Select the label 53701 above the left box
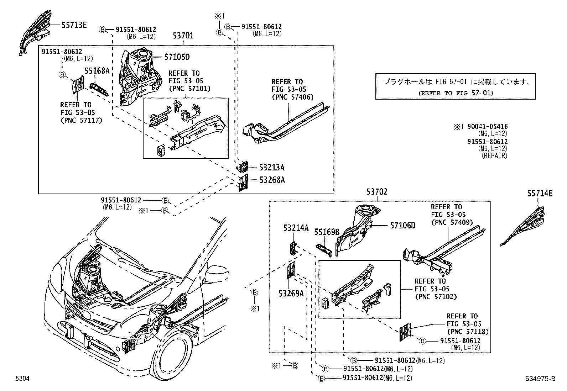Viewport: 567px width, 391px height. tap(183, 36)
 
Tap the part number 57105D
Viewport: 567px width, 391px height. tap(177, 57)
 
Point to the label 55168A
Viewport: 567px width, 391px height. tap(97, 71)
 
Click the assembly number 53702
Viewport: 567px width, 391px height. tap(377, 192)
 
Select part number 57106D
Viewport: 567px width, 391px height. tap(402, 225)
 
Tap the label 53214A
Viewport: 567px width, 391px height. tap(296, 228)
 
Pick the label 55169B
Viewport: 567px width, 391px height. tap(327, 232)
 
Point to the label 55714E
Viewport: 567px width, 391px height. tap(540, 194)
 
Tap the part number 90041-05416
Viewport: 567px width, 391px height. tap(488, 127)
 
